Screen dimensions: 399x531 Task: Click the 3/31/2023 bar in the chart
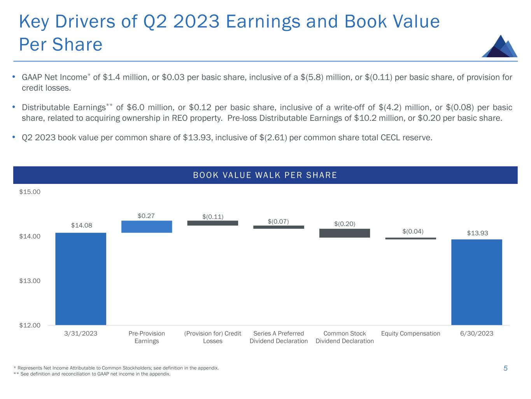[81, 279]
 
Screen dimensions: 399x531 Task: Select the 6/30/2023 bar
[476, 282]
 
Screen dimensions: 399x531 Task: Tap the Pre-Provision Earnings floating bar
[147, 227]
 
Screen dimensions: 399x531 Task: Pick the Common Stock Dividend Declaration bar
[344, 233]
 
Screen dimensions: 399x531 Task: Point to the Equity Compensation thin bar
[410, 238]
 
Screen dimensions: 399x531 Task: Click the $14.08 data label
[81, 225]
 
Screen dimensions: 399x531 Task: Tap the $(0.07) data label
[278, 221]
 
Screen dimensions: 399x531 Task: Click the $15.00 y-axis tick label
[30, 192]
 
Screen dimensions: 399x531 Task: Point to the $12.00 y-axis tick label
[30, 325]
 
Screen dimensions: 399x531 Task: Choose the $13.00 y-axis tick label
[30, 281]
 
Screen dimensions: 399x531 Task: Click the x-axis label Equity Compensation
[410, 334]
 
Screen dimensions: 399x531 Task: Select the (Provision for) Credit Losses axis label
[212, 337]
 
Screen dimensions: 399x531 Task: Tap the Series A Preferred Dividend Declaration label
[279, 337]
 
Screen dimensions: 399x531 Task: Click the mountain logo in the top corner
[499, 46]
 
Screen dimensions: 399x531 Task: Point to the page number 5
[505, 368]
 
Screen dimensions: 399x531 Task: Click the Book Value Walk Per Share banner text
[265, 175]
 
